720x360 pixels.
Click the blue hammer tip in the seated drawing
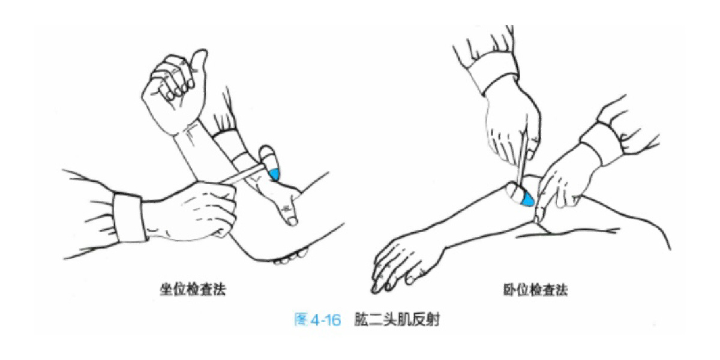pyautogui.click(x=274, y=174)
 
